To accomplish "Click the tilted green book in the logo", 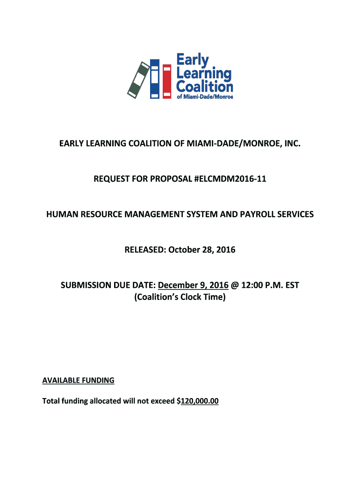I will [139, 80].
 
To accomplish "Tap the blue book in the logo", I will [155, 79].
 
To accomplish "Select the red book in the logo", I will [167, 82].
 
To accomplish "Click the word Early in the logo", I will [192, 60].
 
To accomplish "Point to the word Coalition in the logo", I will [204, 87].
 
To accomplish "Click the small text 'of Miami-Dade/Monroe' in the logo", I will [204, 96].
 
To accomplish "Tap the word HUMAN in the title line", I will [62, 214].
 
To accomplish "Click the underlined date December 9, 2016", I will [194, 285].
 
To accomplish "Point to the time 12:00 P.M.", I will [261, 285].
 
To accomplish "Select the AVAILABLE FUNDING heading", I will [79, 380].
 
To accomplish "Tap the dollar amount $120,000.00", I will [198, 401].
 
